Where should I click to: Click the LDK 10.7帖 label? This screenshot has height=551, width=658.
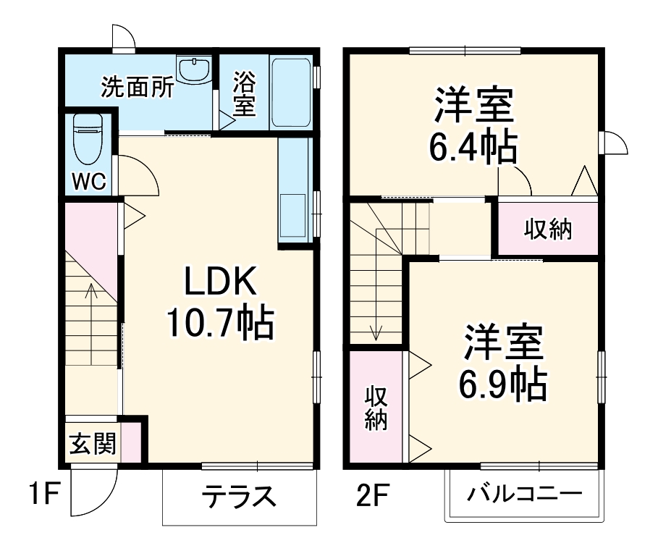pos(220,303)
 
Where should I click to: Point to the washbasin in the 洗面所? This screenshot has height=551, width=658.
pos(194,70)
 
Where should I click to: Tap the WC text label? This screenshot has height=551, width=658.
pos(88,181)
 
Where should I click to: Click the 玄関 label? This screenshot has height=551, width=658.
pos(93,443)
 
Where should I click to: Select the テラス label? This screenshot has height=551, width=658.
pos(239,497)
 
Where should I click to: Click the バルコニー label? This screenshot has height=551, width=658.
pos(524,496)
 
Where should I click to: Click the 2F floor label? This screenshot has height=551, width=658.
pos(372,497)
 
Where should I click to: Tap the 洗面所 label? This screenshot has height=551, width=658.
pos(137,88)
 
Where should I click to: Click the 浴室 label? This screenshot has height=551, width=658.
pos(242,94)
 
